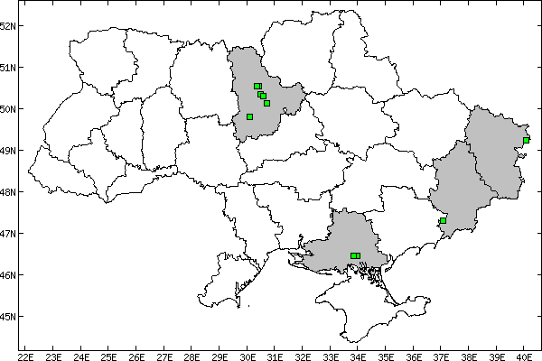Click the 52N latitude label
pyautogui.click(x=8, y=25)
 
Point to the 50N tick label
pyautogui.click(x=8, y=108)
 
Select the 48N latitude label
pyautogui.click(x=8, y=191)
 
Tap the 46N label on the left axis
pyautogui.click(x=8, y=274)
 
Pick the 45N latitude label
pyautogui.click(x=8, y=316)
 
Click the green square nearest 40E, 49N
pyautogui.click(x=526, y=140)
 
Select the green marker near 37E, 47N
pyautogui.click(x=443, y=220)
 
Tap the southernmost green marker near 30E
pyautogui.click(x=249, y=116)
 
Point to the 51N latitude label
pyautogui.click(x=8, y=67)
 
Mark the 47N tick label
pyautogui.click(x=8, y=233)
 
